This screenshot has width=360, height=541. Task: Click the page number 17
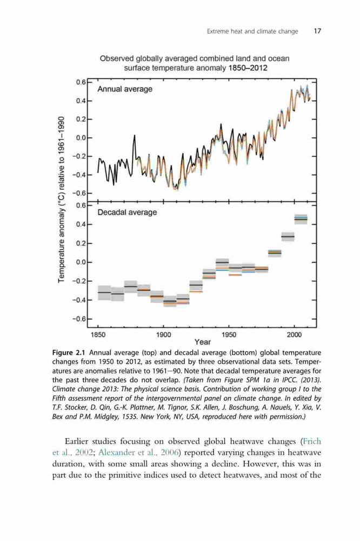click(317, 31)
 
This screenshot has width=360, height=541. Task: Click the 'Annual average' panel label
click(125, 89)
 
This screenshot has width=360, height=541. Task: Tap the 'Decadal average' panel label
click(127, 212)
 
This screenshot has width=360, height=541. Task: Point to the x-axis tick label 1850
click(98, 335)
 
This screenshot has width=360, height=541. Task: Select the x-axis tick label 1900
click(163, 335)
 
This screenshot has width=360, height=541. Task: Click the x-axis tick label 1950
click(229, 335)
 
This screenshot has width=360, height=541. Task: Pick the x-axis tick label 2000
click(294, 335)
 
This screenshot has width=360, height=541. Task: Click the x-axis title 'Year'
click(202, 342)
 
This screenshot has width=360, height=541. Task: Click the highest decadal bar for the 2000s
click(301, 219)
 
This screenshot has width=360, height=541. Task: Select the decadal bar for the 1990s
click(288, 237)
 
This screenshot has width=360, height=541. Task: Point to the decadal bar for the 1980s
click(275, 253)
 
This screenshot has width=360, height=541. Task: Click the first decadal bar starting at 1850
click(104, 293)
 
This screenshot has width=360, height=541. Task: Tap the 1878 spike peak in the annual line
click(135, 135)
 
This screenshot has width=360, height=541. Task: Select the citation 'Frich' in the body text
click(312, 441)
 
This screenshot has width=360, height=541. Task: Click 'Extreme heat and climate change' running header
click(252, 31)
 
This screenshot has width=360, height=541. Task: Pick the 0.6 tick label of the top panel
click(81, 82)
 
